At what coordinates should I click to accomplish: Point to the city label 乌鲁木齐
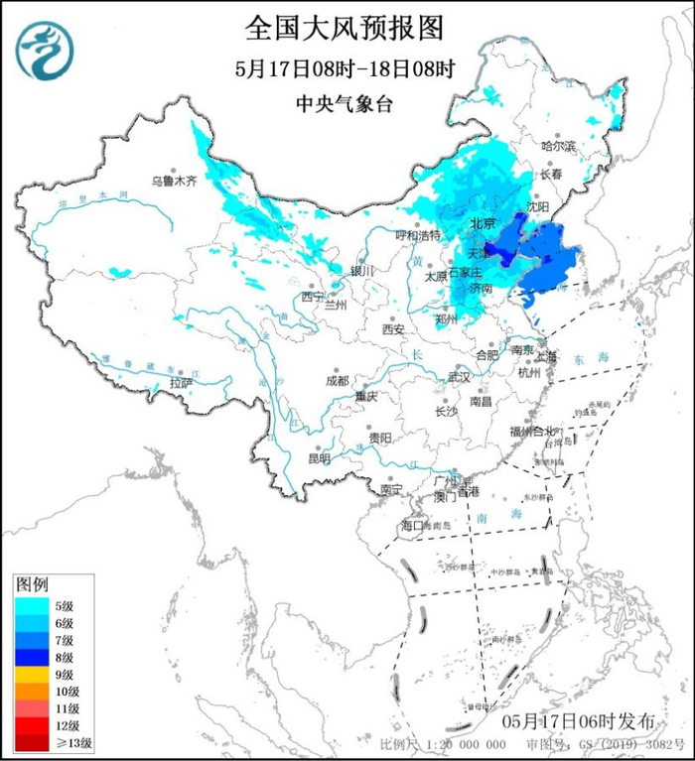click(175, 182)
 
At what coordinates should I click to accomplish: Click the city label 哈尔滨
click(558, 146)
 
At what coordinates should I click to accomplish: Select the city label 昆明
click(319, 458)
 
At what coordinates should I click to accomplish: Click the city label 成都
click(337, 381)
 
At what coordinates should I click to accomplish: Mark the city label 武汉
click(459, 377)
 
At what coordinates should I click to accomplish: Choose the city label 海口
click(412, 525)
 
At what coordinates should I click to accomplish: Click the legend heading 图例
click(34, 583)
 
